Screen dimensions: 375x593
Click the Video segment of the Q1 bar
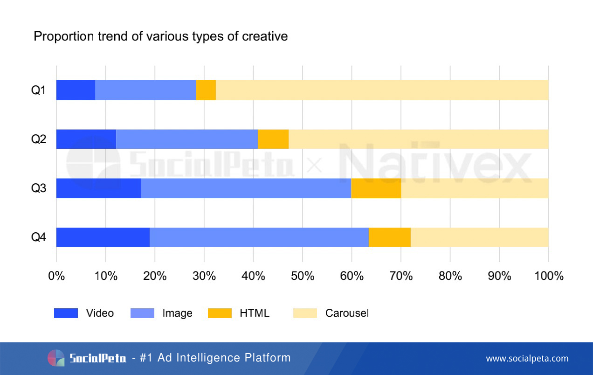76,90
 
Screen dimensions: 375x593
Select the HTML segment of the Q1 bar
206,90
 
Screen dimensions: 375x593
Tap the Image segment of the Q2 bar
186,139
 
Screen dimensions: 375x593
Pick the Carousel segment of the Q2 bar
418,139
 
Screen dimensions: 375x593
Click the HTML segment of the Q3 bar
376,188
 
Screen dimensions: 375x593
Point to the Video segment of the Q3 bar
98,188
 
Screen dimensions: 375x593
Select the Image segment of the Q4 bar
259,237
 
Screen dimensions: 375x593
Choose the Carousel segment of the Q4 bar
479,237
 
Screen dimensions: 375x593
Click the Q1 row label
38,90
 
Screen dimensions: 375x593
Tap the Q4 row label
38,237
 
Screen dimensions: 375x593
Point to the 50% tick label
303,276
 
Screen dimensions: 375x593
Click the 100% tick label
548,276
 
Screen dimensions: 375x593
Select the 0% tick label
56,276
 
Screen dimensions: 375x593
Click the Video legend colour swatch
66,313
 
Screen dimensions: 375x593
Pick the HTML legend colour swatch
220,313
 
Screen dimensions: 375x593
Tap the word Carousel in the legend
346,313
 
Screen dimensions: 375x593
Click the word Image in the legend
177,313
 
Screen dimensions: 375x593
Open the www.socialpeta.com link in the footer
527,358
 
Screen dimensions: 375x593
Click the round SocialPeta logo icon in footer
56,358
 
